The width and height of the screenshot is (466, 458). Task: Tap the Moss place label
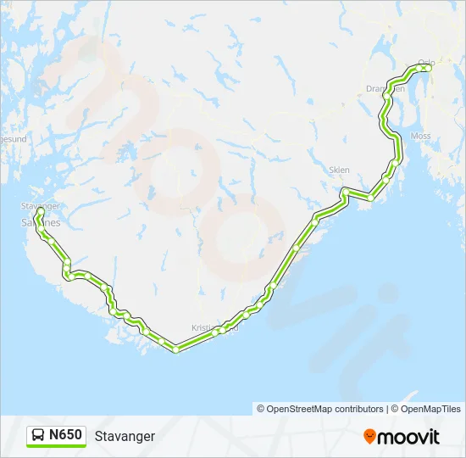tap(420, 136)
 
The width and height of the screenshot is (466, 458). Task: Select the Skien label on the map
tap(339, 170)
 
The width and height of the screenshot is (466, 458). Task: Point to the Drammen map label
tap(386, 88)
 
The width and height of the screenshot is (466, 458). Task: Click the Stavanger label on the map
tap(40, 205)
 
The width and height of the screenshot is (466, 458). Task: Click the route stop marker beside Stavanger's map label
tap(40, 211)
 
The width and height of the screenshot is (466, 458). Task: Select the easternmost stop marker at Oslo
tap(429, 68)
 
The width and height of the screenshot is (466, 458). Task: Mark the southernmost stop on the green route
tap(175, 349)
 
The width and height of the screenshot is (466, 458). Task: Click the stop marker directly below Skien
tap(344, 192)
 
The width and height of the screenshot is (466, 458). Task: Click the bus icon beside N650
tap(38, 436)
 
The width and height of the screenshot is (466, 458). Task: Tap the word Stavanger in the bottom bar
tap(125, 437)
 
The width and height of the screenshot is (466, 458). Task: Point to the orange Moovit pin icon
tap(370, 437)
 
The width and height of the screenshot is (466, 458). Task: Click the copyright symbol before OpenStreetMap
tap(261, 409)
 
